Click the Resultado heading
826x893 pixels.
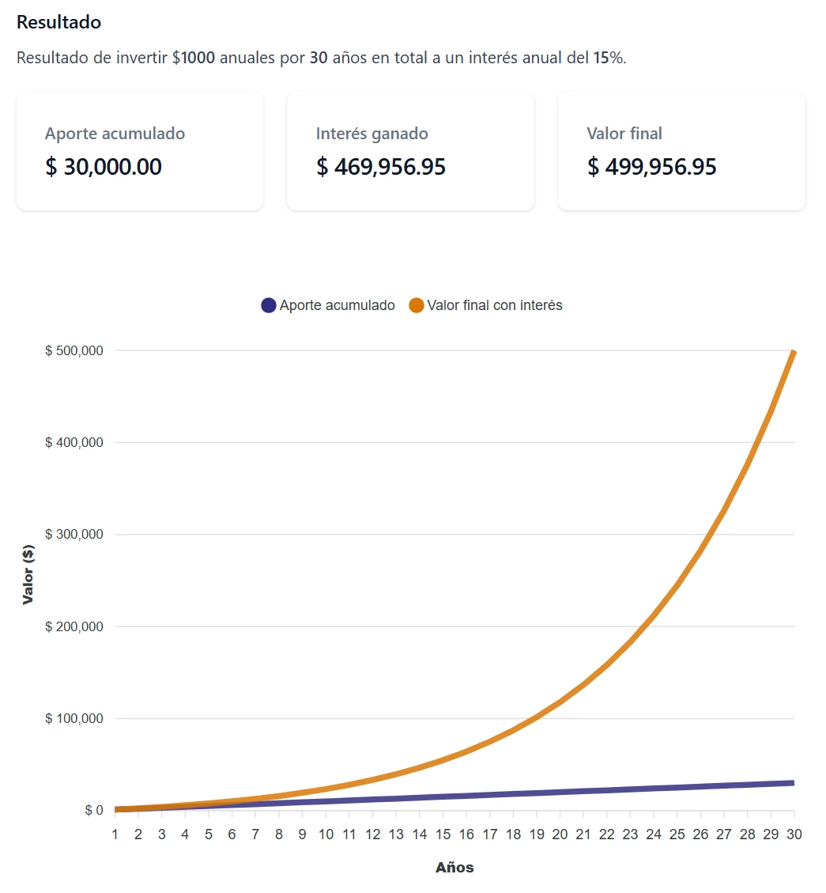coord(58,22)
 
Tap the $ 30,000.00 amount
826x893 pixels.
coord(103,167)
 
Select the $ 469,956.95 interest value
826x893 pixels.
coord(381,167)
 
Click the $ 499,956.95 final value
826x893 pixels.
coord(652,167)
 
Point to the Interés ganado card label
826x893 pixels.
coord(372,134)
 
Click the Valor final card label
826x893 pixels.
coord(624,134)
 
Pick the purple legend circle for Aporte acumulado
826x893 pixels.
coord(269,305)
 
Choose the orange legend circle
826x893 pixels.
coord(417,305)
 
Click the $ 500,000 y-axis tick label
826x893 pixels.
coord(74,350)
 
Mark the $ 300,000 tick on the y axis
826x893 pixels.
coord(74,535)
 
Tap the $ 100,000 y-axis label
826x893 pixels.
coord(74,719)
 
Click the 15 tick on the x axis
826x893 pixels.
coord(443,834)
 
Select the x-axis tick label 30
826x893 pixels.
coord(794,834)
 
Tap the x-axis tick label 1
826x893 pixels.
coord(115,834)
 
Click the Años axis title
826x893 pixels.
coord(454,868)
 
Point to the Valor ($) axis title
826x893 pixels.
coord(28,575)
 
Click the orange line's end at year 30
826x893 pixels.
coord(794,351)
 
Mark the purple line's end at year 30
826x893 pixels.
coord(793,783)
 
